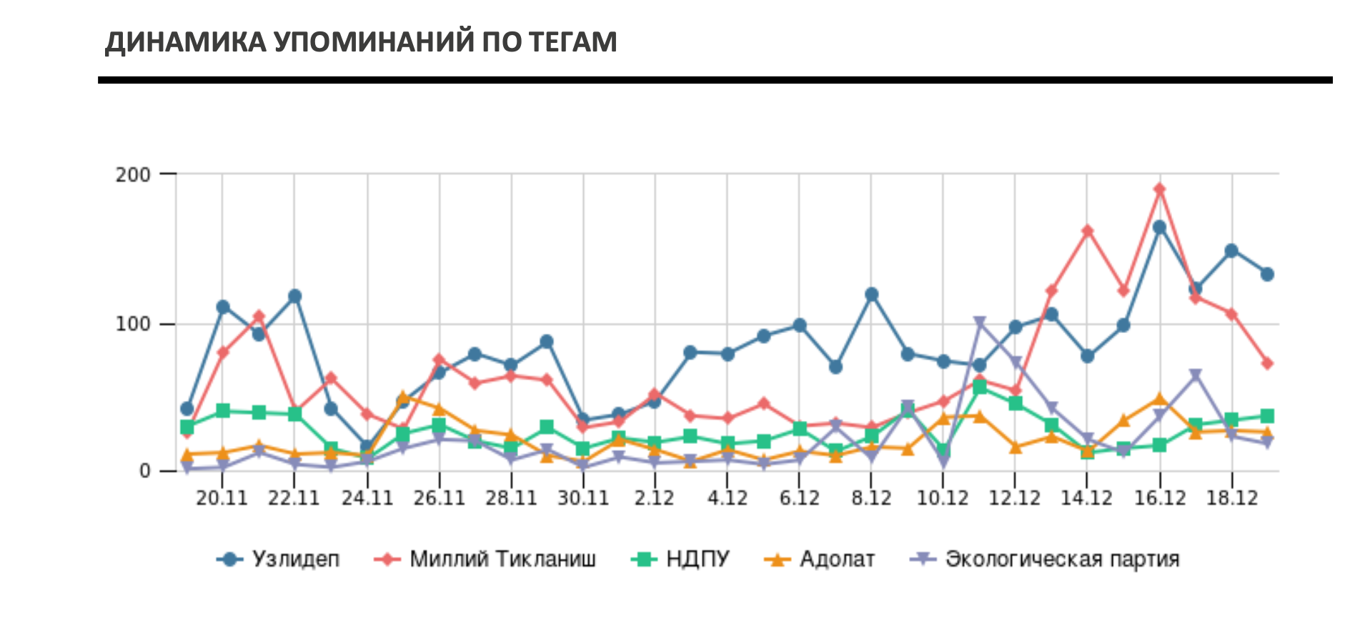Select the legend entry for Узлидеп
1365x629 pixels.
(295, 559)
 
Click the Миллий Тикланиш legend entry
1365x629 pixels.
(502, 559)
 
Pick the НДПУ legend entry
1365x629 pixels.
(697, 559)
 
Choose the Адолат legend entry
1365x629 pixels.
(837, 559)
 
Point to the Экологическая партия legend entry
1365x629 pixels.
(1062, 559)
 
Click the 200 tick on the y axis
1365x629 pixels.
(133, 174)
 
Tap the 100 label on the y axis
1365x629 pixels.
(133, 325)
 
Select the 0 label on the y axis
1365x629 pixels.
(145, 471)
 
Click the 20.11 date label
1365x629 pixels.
(222, 498)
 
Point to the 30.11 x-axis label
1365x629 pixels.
(583, 498)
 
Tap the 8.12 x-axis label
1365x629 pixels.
(871, 498)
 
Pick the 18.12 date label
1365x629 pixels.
(1231, 498)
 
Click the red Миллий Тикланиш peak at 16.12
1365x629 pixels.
(1159, 189)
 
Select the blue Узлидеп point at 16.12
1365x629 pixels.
(1159, 227)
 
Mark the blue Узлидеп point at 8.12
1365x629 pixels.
(871, 294)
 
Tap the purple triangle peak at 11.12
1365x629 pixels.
(979, 323)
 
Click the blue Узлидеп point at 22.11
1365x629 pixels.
(294, 296)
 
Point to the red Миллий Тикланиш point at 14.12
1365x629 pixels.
(1087, 231)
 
